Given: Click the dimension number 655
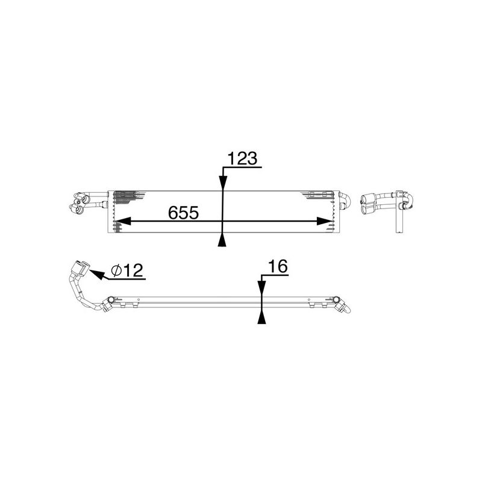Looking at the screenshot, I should pos(183,213).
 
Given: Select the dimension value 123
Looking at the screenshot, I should pos(241,158).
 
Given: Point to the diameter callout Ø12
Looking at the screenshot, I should pos(128,271).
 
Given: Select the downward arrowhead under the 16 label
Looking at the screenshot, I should pos(261,289).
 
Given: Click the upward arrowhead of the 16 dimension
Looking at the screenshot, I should pos(261,318).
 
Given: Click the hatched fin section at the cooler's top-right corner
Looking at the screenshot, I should pos(320,194).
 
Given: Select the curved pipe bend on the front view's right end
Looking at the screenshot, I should pos(344,201).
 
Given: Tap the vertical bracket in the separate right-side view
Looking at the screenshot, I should pos(398,217).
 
